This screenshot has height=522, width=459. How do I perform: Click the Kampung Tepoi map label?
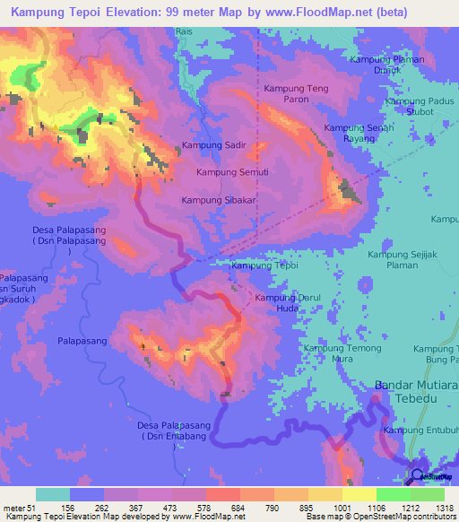click(x=264, y=265)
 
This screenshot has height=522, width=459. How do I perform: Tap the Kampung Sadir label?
click(x=213, y=144)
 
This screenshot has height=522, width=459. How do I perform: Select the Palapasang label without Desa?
click(x=82, y=341)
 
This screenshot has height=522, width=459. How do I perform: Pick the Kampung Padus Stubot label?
click(x=420, y=107)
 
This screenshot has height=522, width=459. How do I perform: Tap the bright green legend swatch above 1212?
click(x=394, y=494)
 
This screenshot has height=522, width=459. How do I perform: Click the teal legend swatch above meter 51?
click(x=52, y=494)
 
